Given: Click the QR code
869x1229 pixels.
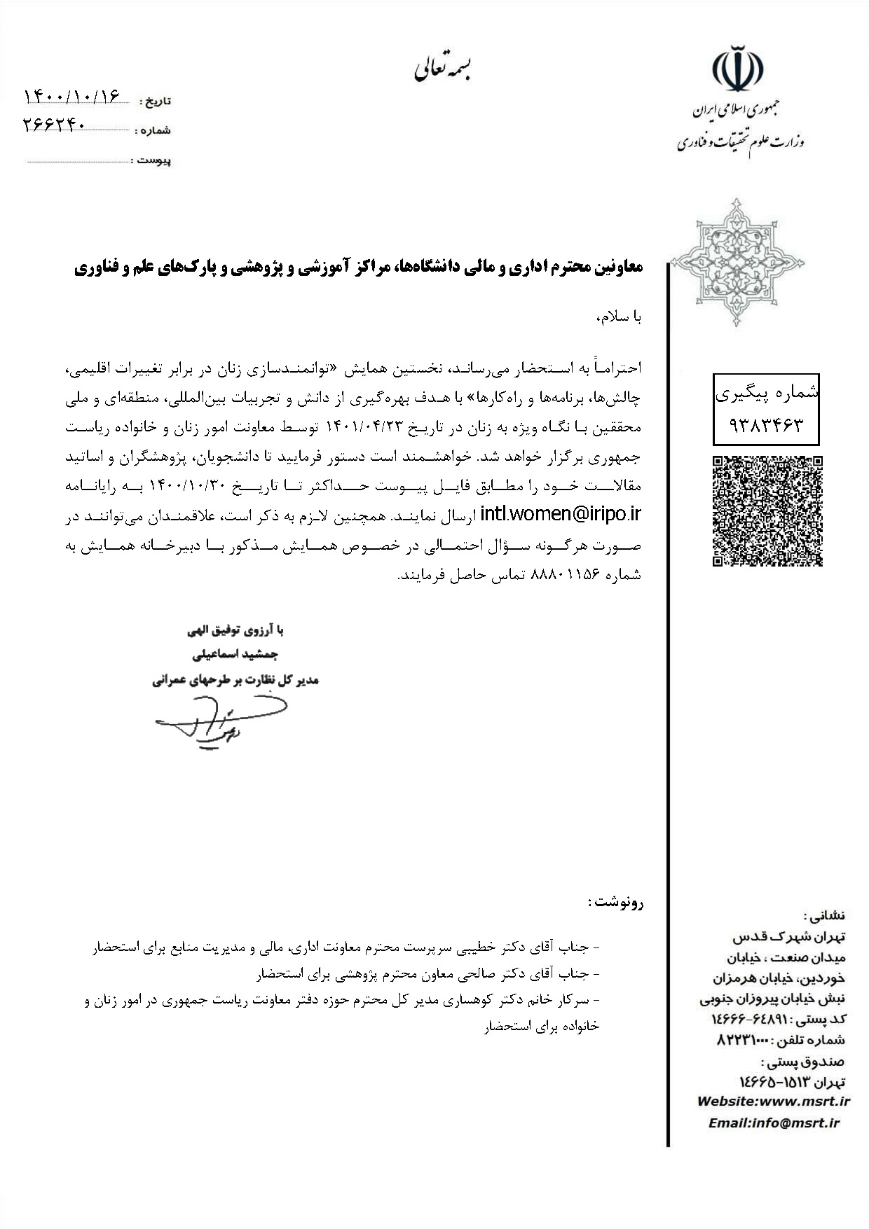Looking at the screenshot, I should point(767,511).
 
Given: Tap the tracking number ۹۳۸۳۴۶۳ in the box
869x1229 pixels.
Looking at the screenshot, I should point(766,424).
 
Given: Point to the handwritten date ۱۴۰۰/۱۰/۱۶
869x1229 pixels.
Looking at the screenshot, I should point(73,96).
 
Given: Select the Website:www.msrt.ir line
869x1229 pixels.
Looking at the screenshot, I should point(773,1102).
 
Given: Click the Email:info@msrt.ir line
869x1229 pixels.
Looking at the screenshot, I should point(774,1123).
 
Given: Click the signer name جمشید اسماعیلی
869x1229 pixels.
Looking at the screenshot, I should point(235,655).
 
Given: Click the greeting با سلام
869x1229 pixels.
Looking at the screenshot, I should point(619,317).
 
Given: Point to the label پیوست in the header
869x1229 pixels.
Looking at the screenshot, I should point(153,161).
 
